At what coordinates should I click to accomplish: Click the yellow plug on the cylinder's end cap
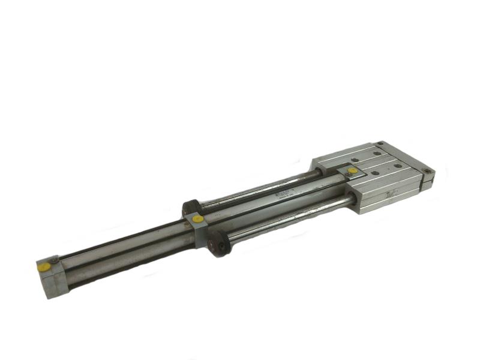(x=44, y=268)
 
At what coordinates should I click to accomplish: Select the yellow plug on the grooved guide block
(x=352, y=170)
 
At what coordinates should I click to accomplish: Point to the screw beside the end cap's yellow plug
(x=55, y=259)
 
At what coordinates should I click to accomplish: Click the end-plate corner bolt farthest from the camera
(x=380, y=143)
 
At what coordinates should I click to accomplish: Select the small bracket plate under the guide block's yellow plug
(x=348, y=174)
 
